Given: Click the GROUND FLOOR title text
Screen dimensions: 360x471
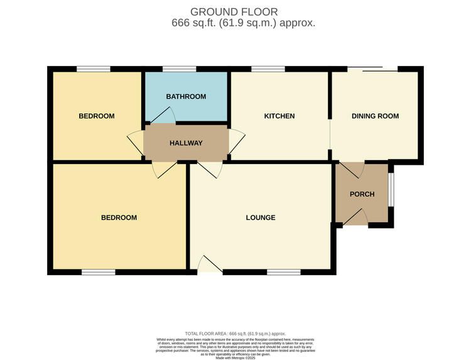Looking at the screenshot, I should (234, 11).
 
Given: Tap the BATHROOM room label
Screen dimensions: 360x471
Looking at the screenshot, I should (186, 96).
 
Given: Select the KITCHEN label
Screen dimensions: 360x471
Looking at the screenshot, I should (279, 116).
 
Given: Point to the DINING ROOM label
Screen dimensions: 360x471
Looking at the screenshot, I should (375, 116).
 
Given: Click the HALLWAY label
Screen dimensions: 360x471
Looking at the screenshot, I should (186, 143).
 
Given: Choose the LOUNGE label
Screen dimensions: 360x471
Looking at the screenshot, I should (260, 218).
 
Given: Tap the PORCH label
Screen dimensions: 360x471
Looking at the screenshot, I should (362, 194).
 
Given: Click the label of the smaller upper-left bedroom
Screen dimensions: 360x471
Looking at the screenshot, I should (96, 116).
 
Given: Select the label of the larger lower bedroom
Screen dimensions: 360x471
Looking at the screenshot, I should (119, 218).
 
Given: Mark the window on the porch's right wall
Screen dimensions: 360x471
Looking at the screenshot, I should (391, 189).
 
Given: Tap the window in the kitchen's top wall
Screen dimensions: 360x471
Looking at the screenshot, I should (268, 68).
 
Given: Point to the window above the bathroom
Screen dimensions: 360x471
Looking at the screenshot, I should (179, 68).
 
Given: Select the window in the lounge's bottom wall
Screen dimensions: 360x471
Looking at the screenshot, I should (283, 272).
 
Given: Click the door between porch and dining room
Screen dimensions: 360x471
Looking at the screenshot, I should (353, 169).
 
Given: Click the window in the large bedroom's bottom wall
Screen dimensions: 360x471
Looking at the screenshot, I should (98, 272).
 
